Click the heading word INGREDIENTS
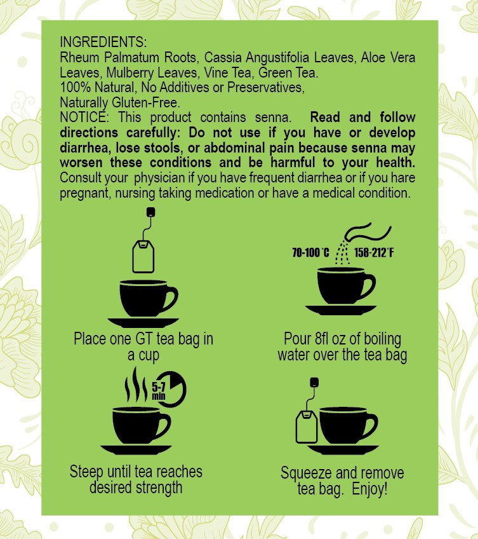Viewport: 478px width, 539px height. point(103,43)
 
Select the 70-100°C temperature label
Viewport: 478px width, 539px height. point(310,254)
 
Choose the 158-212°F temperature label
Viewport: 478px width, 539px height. point(374,254)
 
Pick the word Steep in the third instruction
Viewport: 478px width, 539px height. point(87,472)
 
